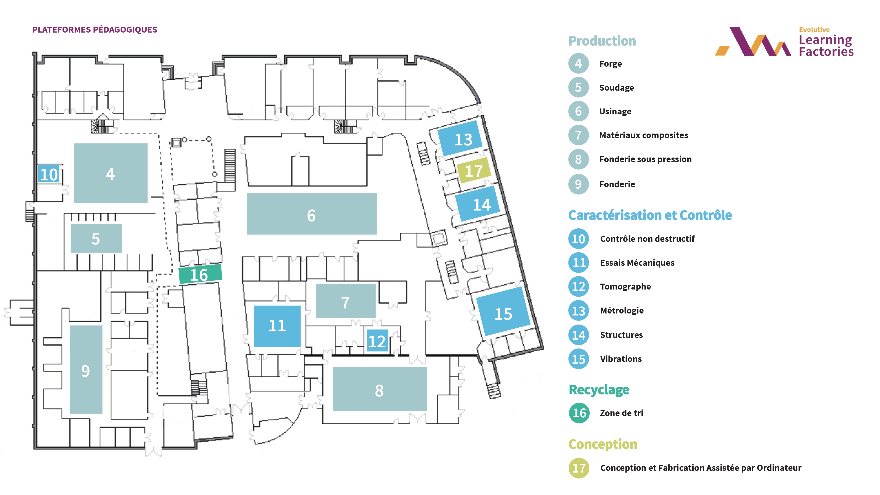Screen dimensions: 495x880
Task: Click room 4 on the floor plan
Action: tap(110, 173)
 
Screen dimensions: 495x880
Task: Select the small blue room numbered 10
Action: tap(49, 174)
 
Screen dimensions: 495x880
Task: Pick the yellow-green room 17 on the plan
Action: tap(474, 170)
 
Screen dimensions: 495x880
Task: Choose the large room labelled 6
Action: tap(312, 214)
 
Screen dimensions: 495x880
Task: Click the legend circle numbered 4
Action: tap(578, 64)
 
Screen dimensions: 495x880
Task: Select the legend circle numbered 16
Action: tap(579, 413)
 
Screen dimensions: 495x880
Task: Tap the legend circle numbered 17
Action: tap(579, 468)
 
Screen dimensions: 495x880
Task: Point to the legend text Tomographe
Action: tap(625, 287)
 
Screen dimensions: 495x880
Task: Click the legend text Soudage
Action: tap(616, 88)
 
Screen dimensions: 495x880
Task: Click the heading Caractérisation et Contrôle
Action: tap(650, 215)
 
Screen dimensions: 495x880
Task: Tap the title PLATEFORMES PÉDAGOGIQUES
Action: tap(95, 30)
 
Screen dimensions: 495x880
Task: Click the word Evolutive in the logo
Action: tap(814, 30)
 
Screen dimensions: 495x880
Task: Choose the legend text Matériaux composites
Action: tap(643, 135)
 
